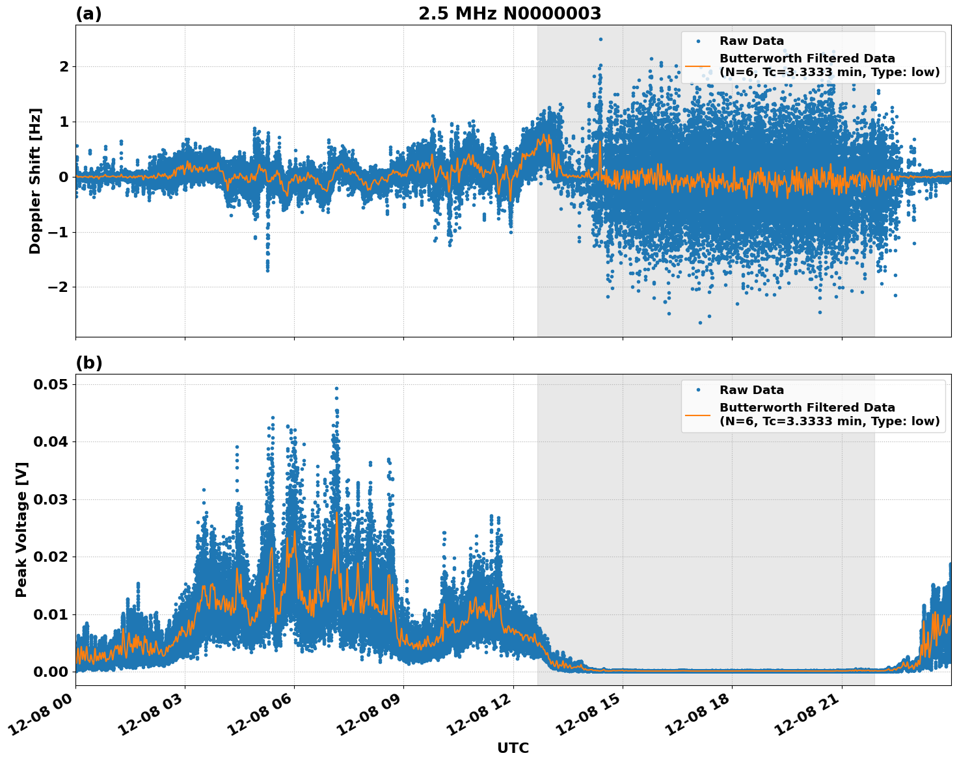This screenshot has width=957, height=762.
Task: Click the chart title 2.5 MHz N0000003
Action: [x=509, y=14]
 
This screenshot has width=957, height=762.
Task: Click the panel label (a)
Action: [x=88, y=14]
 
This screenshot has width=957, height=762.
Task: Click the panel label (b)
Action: [x=89, y=363]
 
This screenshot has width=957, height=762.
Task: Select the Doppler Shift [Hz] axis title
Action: [x=35, y=181]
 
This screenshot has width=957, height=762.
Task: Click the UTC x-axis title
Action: [x=513, y=748]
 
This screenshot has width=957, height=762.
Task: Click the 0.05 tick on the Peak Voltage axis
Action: [x=51, y=384]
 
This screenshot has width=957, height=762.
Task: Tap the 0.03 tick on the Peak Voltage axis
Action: [x=51, y=499]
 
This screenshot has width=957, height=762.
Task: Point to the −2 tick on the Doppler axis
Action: [x=58, y=287]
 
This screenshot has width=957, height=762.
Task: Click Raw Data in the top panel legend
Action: [x=751, y=41]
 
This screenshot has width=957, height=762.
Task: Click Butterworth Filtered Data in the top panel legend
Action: [x=807, y=59]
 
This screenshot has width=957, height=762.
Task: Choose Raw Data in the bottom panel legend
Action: [x=751, y=390]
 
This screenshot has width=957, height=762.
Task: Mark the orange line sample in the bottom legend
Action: [x=697, y=414]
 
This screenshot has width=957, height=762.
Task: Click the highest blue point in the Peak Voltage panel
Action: [x=336, y=388]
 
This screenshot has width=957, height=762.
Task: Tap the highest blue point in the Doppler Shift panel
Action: [x=600, y=39]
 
